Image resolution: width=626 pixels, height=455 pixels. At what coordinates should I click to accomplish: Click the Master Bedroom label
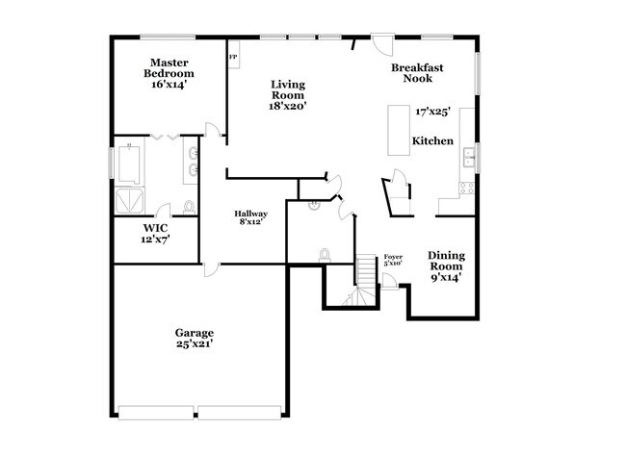click(x=169, y=73)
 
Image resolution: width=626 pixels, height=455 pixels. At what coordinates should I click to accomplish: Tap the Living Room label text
click(x=287, y=95)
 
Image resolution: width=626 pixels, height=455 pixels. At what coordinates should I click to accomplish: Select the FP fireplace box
click(x=233, y=57)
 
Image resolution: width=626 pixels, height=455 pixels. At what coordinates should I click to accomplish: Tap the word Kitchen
click(x=432, y=141)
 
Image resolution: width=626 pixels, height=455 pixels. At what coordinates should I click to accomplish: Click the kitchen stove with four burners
click(x=468, y=188)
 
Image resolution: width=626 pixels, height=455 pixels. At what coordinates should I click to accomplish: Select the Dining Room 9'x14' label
click(x=446, y=266)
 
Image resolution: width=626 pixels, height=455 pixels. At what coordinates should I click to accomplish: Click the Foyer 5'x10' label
click(x=393, y=260)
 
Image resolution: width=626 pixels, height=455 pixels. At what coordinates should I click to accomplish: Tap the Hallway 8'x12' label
click(x=251, y=218)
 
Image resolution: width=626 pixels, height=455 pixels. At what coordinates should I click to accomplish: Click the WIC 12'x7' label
click(x=155, y=234)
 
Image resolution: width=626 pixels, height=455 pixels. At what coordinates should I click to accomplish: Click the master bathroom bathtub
click(x=130, y=161)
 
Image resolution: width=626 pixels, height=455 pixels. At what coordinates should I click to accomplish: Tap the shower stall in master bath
click(x=131, y=199)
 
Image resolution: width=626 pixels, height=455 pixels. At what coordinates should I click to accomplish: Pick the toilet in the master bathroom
click(x=188, y=207)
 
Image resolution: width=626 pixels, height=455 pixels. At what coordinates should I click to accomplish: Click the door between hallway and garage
click(x=208, y=270)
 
